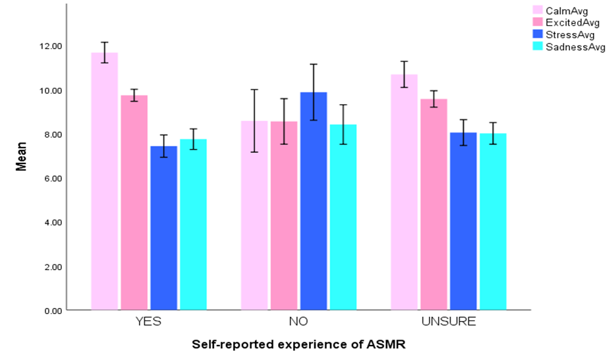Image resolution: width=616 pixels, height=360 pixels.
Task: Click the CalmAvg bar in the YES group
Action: point(104,181)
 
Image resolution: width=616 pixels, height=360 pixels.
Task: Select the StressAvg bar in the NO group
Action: point(313,201)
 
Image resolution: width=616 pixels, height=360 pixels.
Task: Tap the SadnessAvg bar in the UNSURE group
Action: point(493,222)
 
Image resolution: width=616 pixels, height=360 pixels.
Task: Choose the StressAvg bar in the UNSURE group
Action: point(463,221)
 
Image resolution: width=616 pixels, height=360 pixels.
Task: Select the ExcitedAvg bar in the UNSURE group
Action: point(434,204)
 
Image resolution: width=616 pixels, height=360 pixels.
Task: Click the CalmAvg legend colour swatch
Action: point(538,10)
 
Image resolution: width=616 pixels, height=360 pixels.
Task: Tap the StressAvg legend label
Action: point(574,35)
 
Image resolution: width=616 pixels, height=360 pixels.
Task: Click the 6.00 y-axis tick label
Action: point(51,178)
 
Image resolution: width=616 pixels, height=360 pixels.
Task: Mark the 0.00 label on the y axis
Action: point(51,311)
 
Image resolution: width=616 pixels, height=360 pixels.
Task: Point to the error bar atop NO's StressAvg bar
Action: point(313,92)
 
